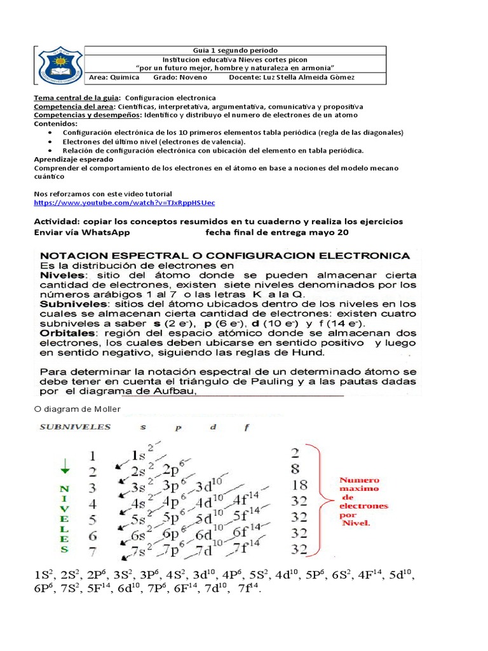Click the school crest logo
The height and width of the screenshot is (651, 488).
point(60,65)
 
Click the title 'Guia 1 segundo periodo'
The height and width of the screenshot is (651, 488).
point(234,50)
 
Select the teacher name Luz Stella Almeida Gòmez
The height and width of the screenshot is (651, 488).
point(299,78)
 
